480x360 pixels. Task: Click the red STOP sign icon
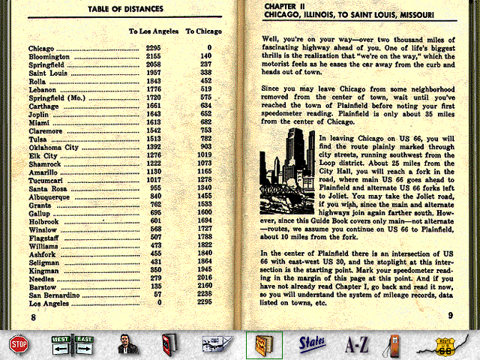pos(18,344)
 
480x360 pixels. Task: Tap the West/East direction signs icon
pos(72,344)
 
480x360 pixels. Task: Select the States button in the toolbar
pos(310,344)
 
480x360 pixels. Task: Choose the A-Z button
pos(356,345)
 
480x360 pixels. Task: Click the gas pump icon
pos(398,344)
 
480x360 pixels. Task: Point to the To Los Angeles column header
pos(152,31)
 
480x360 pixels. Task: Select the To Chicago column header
pos(201,31)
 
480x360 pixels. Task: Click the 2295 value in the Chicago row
pos(154,47)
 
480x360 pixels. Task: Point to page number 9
pos(450,316)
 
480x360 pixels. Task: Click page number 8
pos(33,316)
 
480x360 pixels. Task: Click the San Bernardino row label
pos(54,295)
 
